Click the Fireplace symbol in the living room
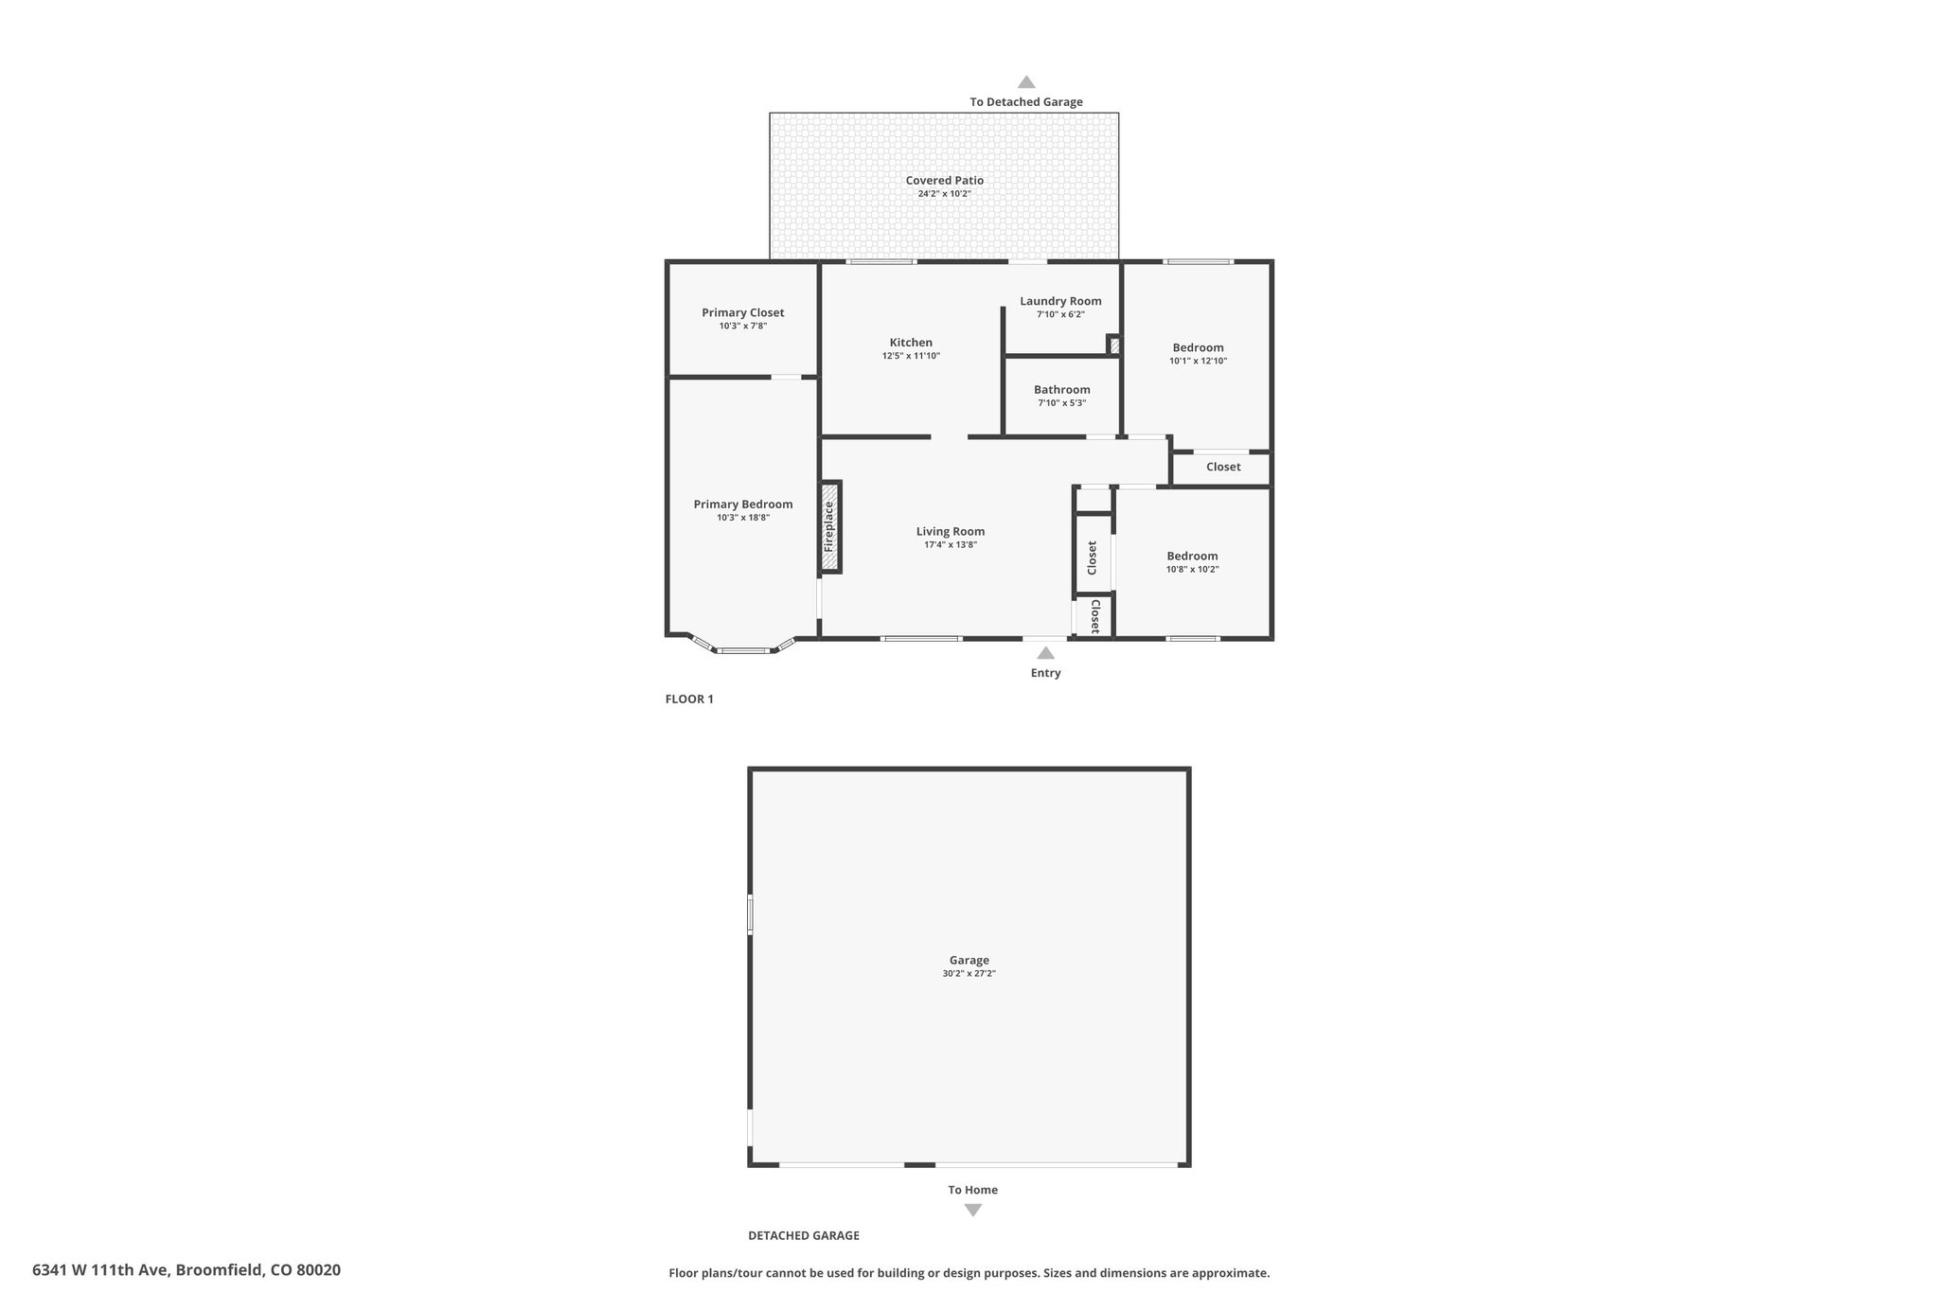tap(830, 526)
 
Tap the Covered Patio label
tap(944, 180)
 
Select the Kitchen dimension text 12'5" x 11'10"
tap(911, 356)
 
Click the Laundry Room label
tap(1060, 301)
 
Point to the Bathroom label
tap(1061, 389)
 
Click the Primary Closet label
tap(742, 312)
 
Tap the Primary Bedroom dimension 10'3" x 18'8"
tap(743, 518)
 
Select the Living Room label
tap(951, 531)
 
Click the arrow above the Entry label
tap(1045, 653)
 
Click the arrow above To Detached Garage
tap(1026, 82)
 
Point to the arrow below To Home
tap(972, 1210)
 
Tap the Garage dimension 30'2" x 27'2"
tap(969, 973)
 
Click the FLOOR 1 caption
tap(689, 699)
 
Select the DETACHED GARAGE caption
tap(804, 1235)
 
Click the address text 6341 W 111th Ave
tap(101, 1270)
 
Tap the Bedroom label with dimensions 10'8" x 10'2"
tap(1192, 556)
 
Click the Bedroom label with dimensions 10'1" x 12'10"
tap(1198, 347)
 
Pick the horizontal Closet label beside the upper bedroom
tap(1223, 467)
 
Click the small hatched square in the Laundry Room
tap(1114, 345)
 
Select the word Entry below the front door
tap(1045, 673)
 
